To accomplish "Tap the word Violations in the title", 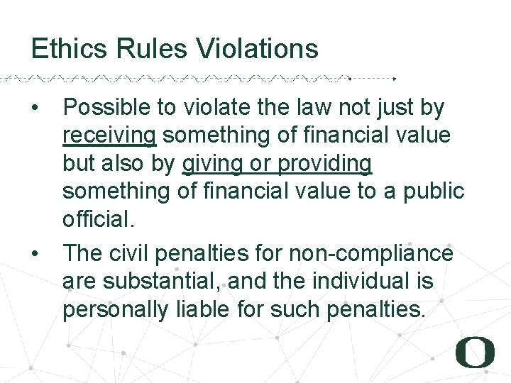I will point(257,49).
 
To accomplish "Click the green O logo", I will point(475,353).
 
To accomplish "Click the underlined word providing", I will point(325,164).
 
